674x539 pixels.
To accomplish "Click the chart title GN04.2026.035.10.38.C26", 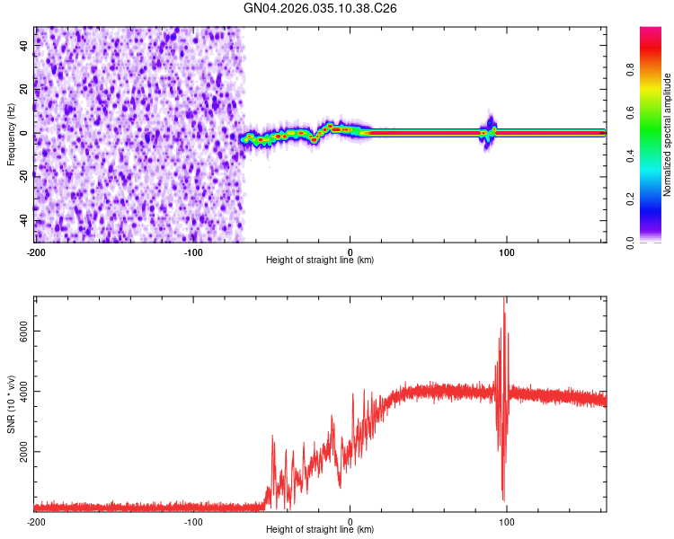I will click(x=321, y=8).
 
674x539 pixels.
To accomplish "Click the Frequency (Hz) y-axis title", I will click(x=11, y=134).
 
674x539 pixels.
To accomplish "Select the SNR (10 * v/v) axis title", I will click(x=11, y=403).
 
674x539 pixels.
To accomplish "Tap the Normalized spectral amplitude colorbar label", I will click(x=668, y=135).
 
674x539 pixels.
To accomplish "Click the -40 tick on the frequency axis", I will click(x=22, y=220).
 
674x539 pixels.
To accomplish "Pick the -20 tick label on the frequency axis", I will click(x=22, y=176).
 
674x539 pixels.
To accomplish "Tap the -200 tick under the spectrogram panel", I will click(x=35, y=251).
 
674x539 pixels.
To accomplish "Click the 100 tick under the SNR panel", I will click(x=507, y=520).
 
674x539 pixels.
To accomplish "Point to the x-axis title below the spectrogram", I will click(x=320, y=261).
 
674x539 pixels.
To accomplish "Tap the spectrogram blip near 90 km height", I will click(x=490, y=131).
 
